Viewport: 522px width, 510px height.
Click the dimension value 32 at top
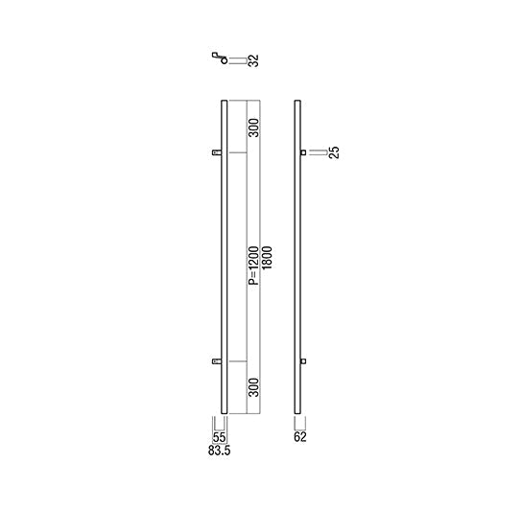pos(253,60)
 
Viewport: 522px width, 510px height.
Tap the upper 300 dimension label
pos(253,127)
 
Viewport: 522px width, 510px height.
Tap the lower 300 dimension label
pos(253,387)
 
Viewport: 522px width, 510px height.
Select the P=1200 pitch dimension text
pos(253,266)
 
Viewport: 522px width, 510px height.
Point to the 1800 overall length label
pos(267,257)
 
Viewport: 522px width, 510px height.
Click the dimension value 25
pos(334,152)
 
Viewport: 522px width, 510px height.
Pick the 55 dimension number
pos(219,437)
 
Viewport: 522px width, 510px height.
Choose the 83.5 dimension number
pos(219,451)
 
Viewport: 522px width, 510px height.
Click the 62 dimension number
pos(300,437)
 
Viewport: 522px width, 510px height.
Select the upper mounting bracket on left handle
pos(217,152)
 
